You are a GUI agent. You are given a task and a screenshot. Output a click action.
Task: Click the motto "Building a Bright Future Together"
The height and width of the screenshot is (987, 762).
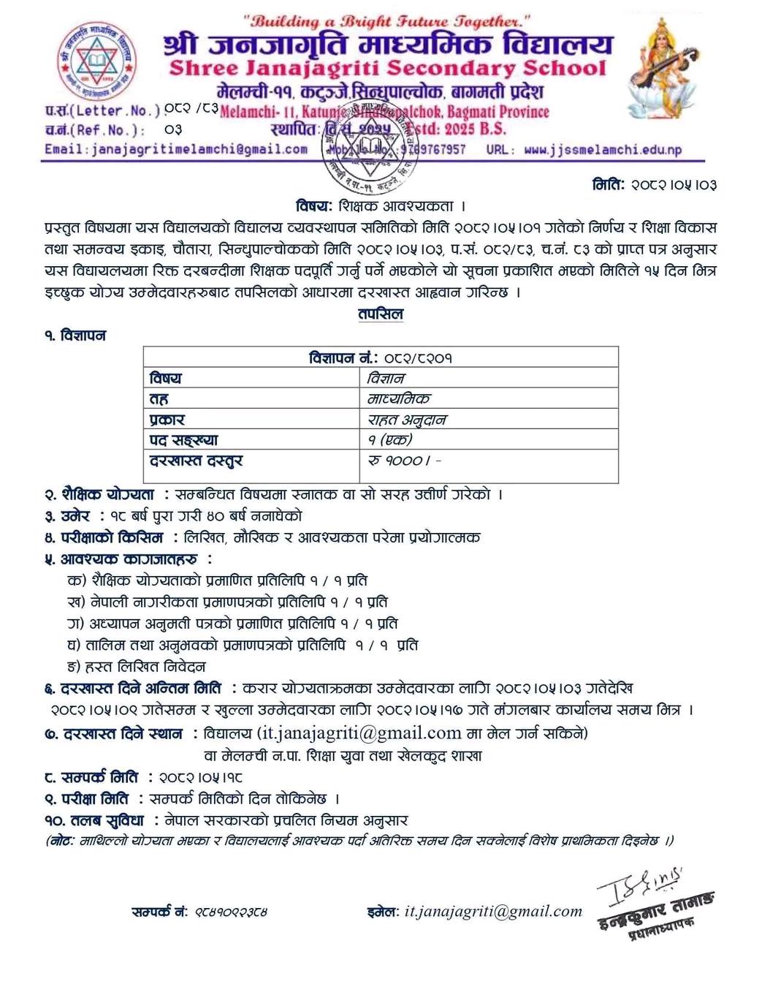click(386, 22)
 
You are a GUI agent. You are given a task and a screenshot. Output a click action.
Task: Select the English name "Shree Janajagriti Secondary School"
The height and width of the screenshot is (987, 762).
click(387, 69)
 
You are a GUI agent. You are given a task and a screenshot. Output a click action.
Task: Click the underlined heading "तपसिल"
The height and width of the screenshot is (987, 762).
click(381, 314)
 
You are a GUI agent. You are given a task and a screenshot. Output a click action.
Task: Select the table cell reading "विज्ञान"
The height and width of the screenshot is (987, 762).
click(386, 378)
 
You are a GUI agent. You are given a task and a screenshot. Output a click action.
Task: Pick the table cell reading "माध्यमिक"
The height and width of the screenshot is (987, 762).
click(399, 398)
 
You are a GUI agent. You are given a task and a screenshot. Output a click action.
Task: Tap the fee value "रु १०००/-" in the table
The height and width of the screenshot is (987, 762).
click(405, 461)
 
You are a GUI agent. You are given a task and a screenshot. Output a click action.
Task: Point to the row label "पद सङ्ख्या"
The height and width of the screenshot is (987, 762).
click(183, 440)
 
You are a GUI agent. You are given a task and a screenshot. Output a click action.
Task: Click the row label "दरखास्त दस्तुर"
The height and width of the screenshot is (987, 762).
click(196, 461)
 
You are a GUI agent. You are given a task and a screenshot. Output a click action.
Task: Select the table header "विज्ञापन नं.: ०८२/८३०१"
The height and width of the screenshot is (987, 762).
click(381, 358)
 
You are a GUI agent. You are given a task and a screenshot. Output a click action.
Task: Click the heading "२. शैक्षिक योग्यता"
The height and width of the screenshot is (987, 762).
click(99, 494)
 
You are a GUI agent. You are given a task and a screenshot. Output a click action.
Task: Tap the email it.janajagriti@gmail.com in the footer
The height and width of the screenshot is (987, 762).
click(493, 911)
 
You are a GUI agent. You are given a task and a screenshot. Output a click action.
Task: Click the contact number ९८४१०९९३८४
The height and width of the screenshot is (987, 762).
click(230, 912)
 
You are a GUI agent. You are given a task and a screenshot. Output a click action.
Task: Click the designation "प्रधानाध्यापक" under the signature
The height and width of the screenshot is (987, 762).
click(661, 928)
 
